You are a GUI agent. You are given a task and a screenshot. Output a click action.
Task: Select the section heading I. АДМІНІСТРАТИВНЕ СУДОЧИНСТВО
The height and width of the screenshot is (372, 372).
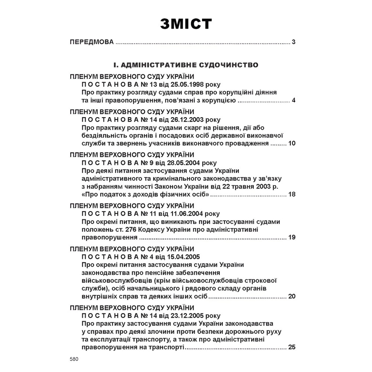point(186,65)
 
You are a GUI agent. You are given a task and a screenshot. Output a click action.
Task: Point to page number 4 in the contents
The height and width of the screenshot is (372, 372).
point(294,100)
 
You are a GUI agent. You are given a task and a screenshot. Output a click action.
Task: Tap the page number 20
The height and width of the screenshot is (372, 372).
point(292,296)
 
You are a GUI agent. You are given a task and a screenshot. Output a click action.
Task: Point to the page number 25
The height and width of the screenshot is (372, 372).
point(292,347)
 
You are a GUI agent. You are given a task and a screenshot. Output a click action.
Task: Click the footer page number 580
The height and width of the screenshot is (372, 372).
point(74,360)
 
